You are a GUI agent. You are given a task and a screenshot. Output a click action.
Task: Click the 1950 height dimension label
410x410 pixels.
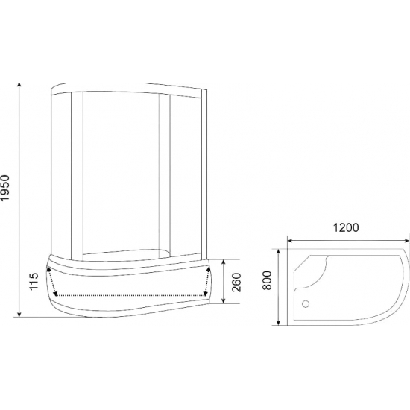[x=5, y=188]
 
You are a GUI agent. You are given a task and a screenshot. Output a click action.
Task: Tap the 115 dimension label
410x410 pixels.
[x=34, y=281]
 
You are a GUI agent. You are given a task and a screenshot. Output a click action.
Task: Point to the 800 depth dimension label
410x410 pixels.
[x=267, y=280]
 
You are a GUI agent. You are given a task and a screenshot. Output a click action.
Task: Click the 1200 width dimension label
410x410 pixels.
[x=346, y=227]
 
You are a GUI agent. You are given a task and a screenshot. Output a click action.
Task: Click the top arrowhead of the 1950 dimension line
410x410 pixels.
[x=19, y=86]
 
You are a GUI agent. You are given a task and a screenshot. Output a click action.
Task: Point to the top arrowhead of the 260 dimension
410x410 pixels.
[x=224, y=262]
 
